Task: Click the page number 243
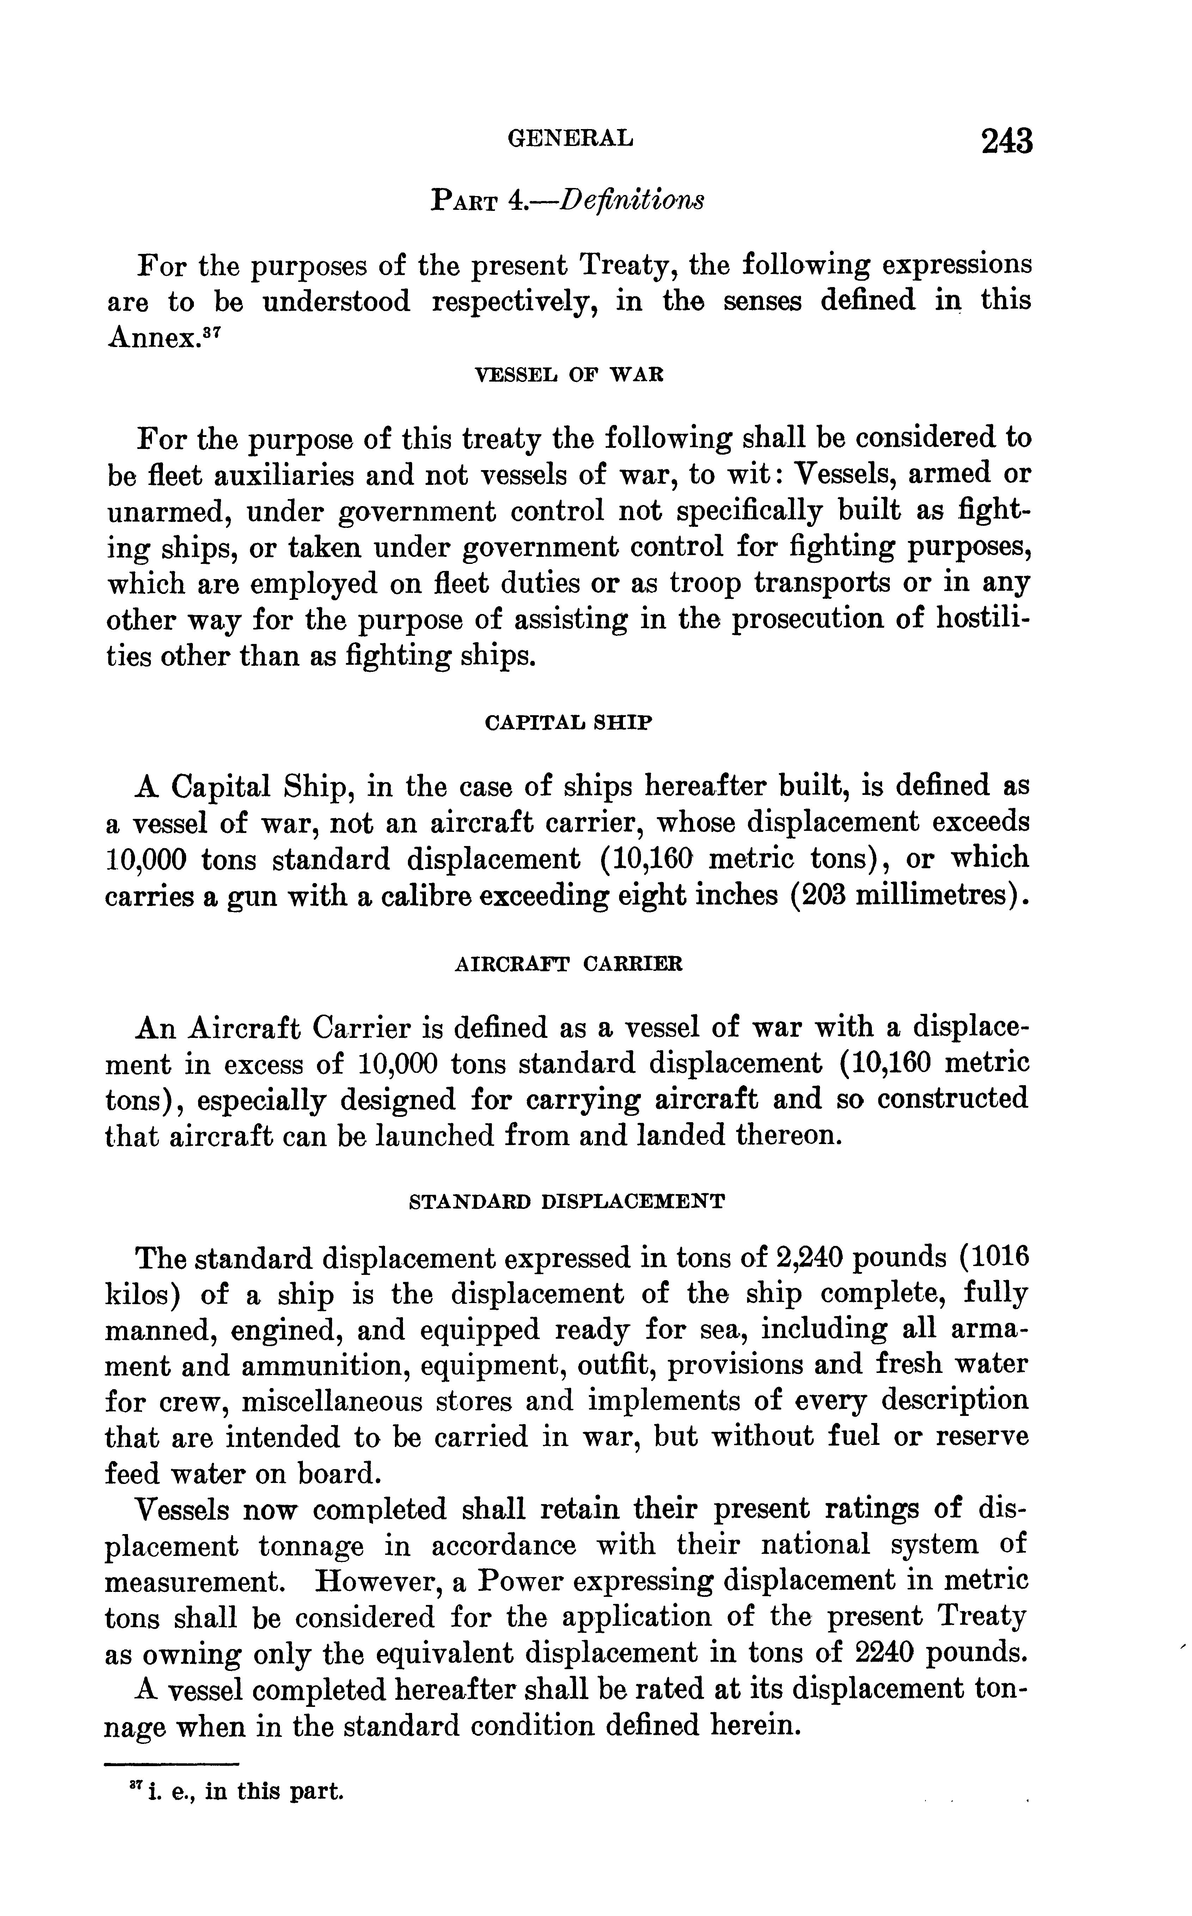[1006, 142]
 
